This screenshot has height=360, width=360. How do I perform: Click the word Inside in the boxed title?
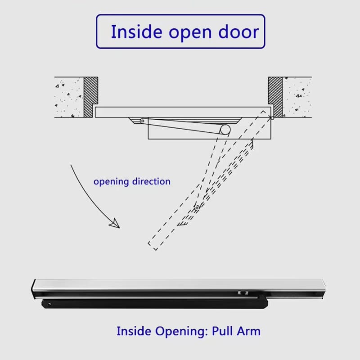137,31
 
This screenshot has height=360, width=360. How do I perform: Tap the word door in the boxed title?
238,31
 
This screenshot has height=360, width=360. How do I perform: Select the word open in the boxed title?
190,33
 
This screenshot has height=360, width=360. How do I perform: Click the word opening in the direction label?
111,182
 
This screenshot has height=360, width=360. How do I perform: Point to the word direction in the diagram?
151,181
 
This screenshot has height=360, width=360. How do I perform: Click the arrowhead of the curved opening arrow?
115,223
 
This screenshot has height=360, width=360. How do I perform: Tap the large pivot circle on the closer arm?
225,130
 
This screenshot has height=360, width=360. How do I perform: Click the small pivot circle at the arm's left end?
143,121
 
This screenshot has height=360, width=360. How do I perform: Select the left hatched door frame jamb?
91,97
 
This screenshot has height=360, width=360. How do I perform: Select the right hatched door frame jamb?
275,97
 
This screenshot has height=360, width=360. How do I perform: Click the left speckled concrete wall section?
69,97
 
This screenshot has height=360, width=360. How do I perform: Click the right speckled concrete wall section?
297,97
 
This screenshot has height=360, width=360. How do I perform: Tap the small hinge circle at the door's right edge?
272,118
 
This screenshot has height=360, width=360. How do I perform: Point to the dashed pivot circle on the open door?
197,208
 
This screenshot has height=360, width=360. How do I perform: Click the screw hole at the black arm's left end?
49,305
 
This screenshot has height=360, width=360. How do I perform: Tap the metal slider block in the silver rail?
243,293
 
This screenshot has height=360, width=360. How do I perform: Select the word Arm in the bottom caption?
249,331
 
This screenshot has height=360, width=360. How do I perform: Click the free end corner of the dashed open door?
156,250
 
